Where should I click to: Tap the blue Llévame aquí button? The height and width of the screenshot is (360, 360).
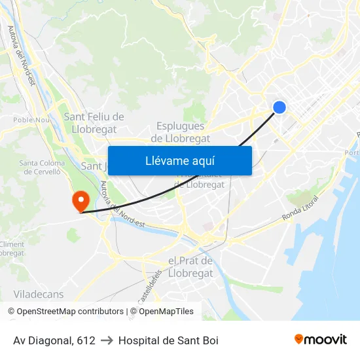[179, 160]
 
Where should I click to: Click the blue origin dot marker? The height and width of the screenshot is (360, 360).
[279, 107]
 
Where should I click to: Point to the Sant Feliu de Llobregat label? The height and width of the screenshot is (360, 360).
[94, 122]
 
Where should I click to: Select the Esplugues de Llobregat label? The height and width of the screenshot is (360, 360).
[181, 132]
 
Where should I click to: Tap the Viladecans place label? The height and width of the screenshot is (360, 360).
[39, 295]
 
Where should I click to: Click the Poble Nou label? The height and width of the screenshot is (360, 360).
[31, 120]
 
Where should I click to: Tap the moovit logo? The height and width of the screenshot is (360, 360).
[320, 339]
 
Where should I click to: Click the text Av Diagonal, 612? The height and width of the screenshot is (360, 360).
[54, 340]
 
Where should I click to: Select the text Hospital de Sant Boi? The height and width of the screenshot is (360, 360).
[168, 340]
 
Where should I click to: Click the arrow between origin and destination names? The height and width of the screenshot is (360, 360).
[107, 340]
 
